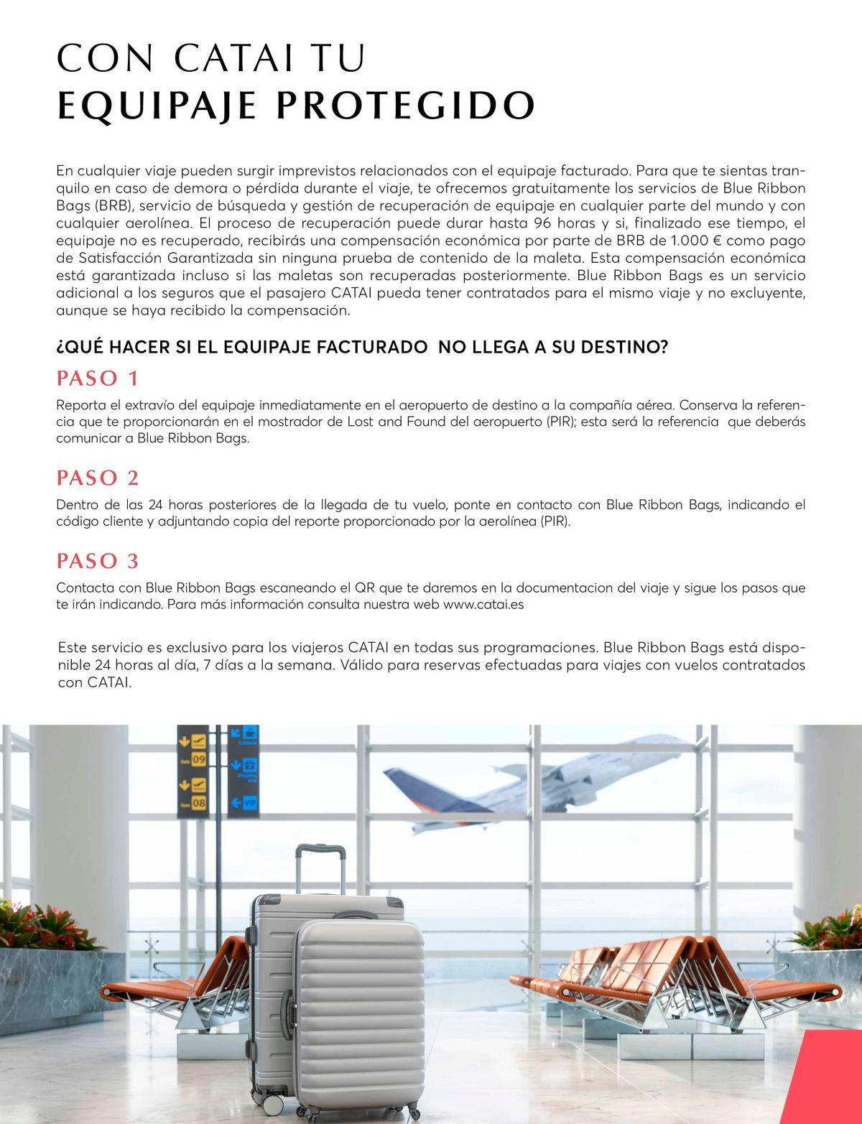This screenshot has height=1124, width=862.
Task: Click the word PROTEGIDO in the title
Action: coord(406,106)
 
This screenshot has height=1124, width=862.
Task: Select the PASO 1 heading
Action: coord(97,378)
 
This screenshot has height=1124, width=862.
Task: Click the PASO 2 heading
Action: coord(98,478)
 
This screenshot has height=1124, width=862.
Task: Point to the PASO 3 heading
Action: coord(98,560)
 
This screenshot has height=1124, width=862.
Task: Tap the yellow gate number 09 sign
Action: coord(198,759)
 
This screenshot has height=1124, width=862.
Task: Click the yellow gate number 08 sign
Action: coord(198,802)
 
